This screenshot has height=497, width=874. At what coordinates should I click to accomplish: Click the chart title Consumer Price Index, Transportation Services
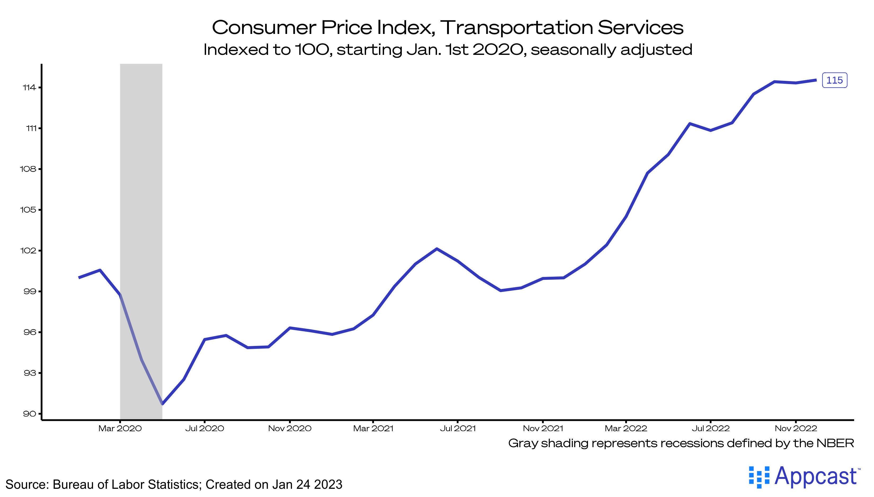pos(447,27)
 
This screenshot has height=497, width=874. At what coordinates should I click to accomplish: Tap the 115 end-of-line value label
pos(835,80)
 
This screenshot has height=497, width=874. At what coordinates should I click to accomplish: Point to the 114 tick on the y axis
pos(29,88)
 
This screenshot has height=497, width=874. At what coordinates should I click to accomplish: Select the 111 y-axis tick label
pos(31,128)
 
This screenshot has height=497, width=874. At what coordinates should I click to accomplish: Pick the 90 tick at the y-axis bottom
pos(29,414)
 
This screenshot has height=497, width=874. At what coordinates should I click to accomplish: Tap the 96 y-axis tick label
pos(29,332)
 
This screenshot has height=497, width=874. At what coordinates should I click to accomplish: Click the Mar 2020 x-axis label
pos(120,428)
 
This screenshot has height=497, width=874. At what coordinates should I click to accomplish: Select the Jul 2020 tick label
pos(205,428)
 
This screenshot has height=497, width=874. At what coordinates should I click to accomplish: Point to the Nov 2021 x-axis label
pos(543,428)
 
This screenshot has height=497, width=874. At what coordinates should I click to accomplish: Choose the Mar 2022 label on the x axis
pos(626,428)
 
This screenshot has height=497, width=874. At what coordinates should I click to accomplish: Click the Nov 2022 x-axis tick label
pos(796,428)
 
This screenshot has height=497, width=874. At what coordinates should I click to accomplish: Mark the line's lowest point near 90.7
pos(163,404)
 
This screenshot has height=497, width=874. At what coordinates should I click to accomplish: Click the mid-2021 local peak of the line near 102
pos(437,249)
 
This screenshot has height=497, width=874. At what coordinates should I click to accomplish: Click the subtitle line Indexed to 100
pos(447,50)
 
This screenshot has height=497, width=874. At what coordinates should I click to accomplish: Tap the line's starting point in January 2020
pos(79,278)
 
